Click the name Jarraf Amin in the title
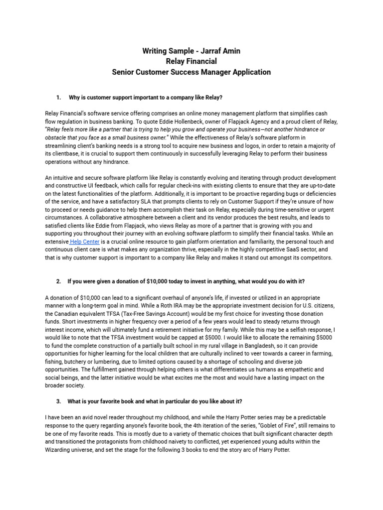point(218,51)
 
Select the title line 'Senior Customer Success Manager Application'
point(191,72)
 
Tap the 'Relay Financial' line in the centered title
point(191,61)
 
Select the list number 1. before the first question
point(58,98)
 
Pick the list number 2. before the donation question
point(58,281)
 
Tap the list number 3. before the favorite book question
point(58,401)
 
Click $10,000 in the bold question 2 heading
point(159,281)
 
